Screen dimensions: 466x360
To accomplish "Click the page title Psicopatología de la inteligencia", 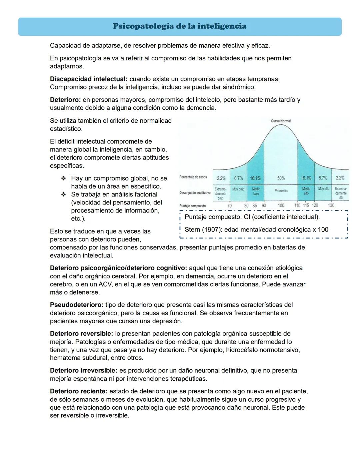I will point(180,26).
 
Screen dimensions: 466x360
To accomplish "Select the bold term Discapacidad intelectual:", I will point(88,79).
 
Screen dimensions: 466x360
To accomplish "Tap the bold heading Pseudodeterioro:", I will point(77,305).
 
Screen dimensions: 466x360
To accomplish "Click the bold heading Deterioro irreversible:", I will point(83,371).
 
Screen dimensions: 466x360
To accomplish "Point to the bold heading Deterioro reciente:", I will point(79,391).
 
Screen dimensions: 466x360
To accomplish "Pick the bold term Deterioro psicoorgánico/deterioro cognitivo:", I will point(118,268).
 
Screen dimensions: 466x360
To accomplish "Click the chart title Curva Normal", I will point(281,121).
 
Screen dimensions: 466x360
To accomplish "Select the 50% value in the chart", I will point(281,178).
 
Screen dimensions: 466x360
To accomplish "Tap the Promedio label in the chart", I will point(281,191).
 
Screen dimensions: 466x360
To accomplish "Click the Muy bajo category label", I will point(238,189).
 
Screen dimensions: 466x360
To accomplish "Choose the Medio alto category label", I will point(306,191).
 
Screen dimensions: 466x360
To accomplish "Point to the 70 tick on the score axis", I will point(229,206).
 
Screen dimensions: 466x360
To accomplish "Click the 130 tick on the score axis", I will point(331,205).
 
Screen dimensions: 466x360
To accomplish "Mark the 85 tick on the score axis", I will point(255,206).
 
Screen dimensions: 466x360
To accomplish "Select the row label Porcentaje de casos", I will point(193,177).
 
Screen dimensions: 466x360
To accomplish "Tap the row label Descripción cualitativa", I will point(195,193).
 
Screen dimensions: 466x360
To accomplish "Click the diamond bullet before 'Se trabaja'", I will point(63,194).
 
